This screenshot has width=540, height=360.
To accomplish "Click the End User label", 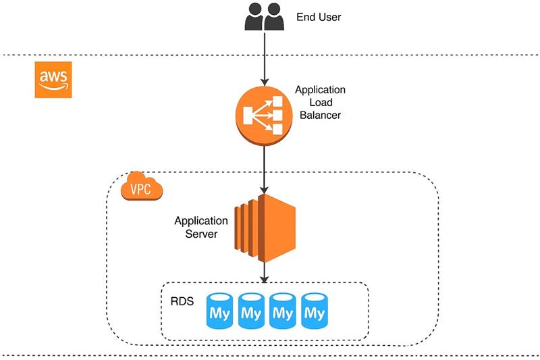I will [318, 17].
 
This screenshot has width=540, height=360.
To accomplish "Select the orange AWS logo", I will [53, 80].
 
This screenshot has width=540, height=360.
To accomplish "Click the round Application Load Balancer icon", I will [263, 113].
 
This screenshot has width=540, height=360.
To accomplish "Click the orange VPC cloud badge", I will [141, 188].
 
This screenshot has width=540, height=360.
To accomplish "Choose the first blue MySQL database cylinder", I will [219, 311].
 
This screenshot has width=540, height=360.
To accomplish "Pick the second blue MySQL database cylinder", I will [250, 311].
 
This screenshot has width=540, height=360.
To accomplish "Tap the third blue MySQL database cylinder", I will [282, 311].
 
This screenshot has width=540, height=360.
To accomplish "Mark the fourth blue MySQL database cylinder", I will [314, 311].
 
